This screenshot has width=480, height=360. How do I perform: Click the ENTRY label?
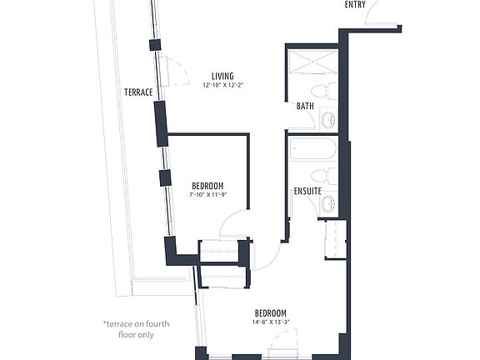tap(355, 5)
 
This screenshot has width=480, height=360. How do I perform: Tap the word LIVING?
tap(222, 76)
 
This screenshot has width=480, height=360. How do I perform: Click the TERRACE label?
tap(138, 92)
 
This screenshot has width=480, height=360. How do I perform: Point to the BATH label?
tap(304, 106)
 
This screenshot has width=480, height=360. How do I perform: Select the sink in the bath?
tap(328, 120)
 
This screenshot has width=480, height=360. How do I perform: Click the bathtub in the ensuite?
tap(313, 150)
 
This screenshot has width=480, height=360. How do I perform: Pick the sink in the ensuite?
tap(328, 203)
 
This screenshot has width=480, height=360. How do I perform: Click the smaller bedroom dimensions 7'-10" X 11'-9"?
tap(207, 195)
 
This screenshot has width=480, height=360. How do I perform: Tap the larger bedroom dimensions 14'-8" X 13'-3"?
tap(271, 322)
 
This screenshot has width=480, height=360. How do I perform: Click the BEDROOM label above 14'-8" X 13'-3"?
tap(271, 313)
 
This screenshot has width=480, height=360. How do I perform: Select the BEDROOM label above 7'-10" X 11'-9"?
tap(207, 186)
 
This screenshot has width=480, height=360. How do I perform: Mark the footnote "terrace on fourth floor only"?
tap(128, 328)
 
